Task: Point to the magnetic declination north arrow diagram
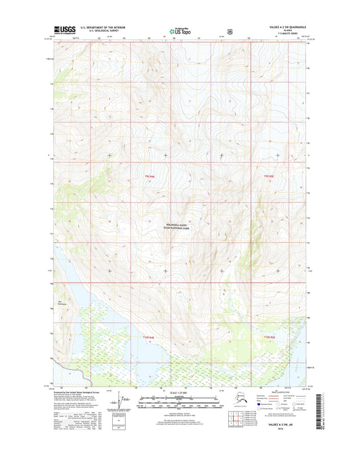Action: pyautogui.click(x=122, y=404)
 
